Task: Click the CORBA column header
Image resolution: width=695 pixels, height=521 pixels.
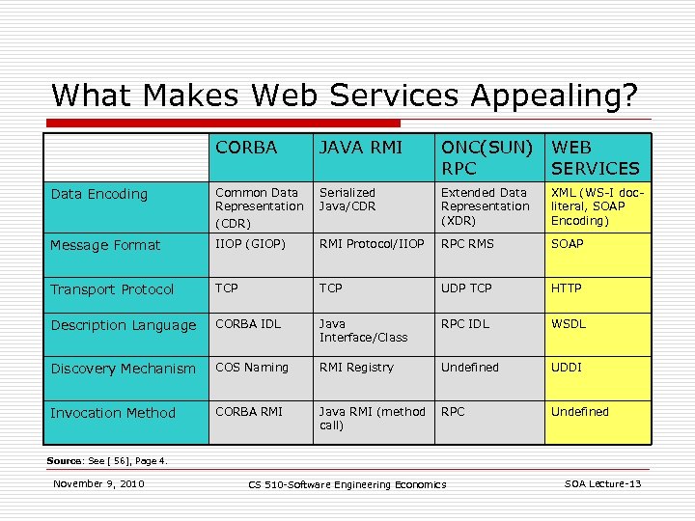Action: click(x=246, y=148)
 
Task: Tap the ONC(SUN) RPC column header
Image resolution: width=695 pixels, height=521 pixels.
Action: click(x=486, y=157)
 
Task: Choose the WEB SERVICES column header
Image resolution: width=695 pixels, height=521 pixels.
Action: click(x=595, y=157)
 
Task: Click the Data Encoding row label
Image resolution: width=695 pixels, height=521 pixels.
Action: click(x=99, y=194)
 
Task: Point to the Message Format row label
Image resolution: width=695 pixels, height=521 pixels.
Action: click(x=105, y=245)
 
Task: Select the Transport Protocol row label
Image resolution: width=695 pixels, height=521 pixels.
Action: click(x=112, y=289)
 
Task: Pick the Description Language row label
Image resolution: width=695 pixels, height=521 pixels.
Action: click(x=123, y=325)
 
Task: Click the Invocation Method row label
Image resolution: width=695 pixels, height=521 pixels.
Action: click(x=113, y=413)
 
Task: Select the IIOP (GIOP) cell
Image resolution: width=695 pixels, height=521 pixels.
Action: click(x=251, y=244)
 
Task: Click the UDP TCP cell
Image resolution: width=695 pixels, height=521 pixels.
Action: click(x=467, y=288)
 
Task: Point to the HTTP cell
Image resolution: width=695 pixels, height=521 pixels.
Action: click(x=567, y=288)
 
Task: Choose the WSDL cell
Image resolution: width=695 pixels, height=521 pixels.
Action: click(x=569, y=324)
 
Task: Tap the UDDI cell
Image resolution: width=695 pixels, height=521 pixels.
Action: click(x=567, y=368)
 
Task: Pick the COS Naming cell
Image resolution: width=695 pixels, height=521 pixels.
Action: click(x=252, y=368)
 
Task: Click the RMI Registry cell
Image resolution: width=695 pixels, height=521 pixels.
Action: click(x=356, y=368)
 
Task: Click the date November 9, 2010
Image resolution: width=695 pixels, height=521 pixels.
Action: click(x=98, y=483)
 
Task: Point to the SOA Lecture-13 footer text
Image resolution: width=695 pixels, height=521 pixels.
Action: click(x=602, y=483)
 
